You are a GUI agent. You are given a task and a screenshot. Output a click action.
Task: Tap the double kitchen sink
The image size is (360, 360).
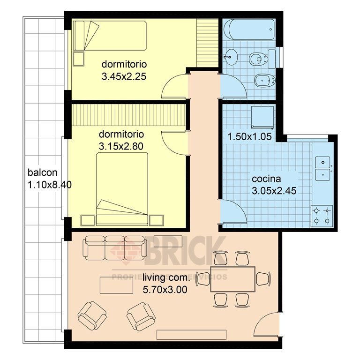[323, 168]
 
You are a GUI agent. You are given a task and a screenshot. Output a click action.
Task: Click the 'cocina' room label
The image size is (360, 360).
[266, 179]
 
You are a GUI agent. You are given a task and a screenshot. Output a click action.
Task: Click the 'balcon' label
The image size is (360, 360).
[42, 172]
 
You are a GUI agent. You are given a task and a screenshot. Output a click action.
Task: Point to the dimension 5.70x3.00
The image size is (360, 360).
[165, 289]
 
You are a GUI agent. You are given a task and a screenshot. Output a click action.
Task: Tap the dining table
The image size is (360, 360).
[232, 278]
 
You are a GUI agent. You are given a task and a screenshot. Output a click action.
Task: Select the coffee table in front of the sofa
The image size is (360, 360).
[115, 284]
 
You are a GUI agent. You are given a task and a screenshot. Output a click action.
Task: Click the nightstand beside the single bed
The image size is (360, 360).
[79, 59]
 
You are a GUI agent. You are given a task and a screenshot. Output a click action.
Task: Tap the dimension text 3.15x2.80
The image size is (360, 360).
[121, 146]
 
